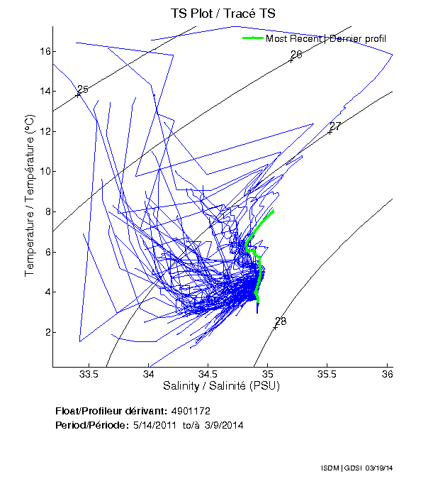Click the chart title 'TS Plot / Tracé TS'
click(223, 13)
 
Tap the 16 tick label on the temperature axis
click(43, 51)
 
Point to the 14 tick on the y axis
click(43, 91)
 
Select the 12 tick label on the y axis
click(43, 131)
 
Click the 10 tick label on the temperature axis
click(43, 171)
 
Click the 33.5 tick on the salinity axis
click(89, 374)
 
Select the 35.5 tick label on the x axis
click(327, 374)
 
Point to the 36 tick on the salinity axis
click(388, 374)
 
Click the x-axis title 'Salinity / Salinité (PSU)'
click(222, 386)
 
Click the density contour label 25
click(83, 89)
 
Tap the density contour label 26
click(296, 55)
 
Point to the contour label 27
click(336, 126)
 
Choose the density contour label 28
click(281, 321)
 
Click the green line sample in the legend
click(252, 38)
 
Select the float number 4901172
click(191, 411)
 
